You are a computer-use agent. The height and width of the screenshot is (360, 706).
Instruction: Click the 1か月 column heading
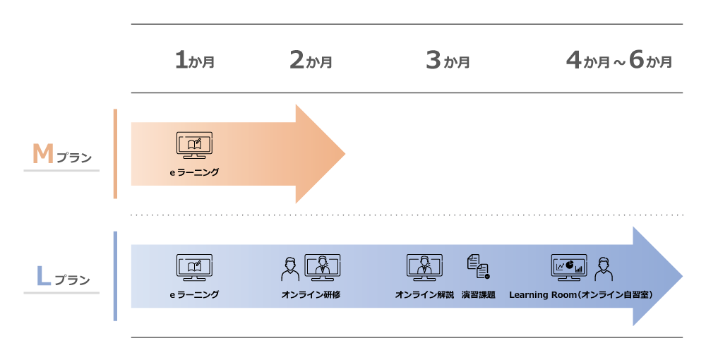195,60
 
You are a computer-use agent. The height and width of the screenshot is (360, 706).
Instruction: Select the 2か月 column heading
311,60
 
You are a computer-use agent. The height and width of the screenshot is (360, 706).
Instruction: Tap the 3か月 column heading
448,60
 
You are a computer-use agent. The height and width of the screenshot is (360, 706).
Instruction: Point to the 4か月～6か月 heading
619,60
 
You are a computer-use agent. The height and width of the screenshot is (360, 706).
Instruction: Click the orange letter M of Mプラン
43,154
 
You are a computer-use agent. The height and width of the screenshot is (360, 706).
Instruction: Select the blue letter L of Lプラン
43,276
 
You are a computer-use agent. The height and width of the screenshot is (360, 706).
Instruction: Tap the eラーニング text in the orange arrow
195,172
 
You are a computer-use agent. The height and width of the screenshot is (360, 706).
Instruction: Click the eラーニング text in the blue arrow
195,295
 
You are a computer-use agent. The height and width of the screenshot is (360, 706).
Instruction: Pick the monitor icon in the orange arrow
195,145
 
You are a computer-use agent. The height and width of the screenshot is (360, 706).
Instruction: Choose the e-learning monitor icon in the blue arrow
195,268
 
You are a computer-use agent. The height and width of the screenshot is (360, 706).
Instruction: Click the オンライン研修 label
311,295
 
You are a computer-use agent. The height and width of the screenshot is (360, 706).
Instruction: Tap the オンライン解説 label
424,295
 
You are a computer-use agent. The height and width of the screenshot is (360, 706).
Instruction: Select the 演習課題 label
479,295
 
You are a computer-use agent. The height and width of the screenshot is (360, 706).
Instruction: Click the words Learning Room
543,295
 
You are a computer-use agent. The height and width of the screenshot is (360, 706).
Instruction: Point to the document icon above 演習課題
479,266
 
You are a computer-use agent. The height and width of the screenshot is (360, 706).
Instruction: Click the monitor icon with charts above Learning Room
569,268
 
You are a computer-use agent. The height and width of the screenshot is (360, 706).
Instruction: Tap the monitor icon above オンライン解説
424,268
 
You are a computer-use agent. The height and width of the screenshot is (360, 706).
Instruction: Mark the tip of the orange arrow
345,154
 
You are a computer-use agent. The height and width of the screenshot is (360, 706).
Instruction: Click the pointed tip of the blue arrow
683,276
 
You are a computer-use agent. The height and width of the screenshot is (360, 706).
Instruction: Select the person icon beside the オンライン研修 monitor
290,269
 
